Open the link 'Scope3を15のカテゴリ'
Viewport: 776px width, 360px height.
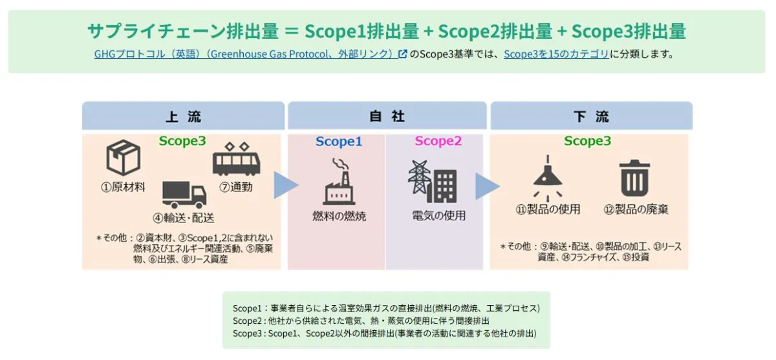556,54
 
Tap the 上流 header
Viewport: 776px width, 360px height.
183,117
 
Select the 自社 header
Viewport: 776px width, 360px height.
387,117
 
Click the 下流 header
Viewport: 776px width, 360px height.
591,117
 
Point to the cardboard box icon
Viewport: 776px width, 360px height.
123,159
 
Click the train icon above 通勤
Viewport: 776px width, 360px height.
236,159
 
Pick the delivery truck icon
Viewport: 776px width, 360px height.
184,194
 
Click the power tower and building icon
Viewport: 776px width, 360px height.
433,182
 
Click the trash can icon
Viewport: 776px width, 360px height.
635,178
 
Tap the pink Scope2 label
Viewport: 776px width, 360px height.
438,142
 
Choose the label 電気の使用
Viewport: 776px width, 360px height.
438,216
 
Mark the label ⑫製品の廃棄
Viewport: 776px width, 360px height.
636,209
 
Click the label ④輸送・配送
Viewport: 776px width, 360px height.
183,218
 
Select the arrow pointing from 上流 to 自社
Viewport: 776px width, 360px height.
285,185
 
